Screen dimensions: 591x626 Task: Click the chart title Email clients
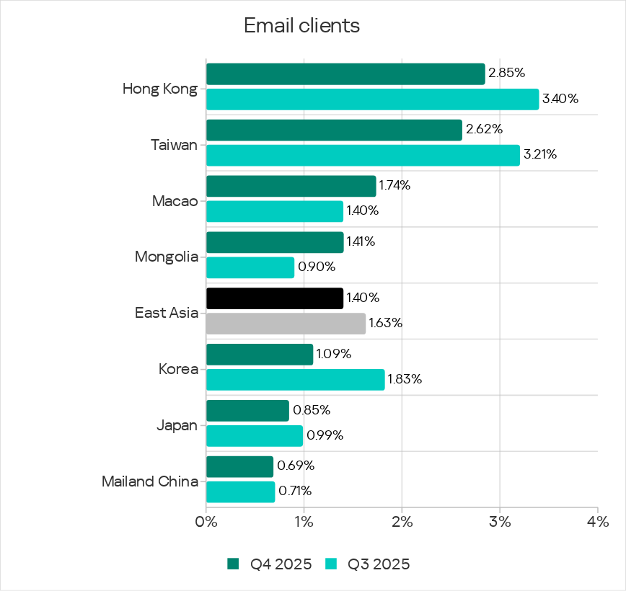tap(301, 26)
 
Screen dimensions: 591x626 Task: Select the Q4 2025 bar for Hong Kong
tap(345, 74)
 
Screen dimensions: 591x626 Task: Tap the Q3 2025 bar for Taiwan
tap(363, 155)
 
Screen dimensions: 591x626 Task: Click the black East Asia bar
tap(275, 298)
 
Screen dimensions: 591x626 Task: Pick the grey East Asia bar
tap(286, 324)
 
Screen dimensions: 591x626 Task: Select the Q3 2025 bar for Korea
tap(295, 379)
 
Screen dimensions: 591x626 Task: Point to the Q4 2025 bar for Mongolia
tap(275, 242)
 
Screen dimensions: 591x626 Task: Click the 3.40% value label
tap(560, 99)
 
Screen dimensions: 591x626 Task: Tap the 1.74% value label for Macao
tap(394, 186)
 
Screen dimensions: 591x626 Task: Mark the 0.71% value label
tap(294, 492)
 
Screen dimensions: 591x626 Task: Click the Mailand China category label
tap(150, 481)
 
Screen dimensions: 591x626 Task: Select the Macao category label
tap(175, 200)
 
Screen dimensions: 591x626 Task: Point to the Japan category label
tap(177, 425)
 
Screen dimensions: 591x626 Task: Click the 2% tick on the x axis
tap(402, 521)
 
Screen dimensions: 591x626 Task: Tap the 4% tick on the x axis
tap(598, 521)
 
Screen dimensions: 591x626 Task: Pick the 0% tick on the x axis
tap(206, 521)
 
